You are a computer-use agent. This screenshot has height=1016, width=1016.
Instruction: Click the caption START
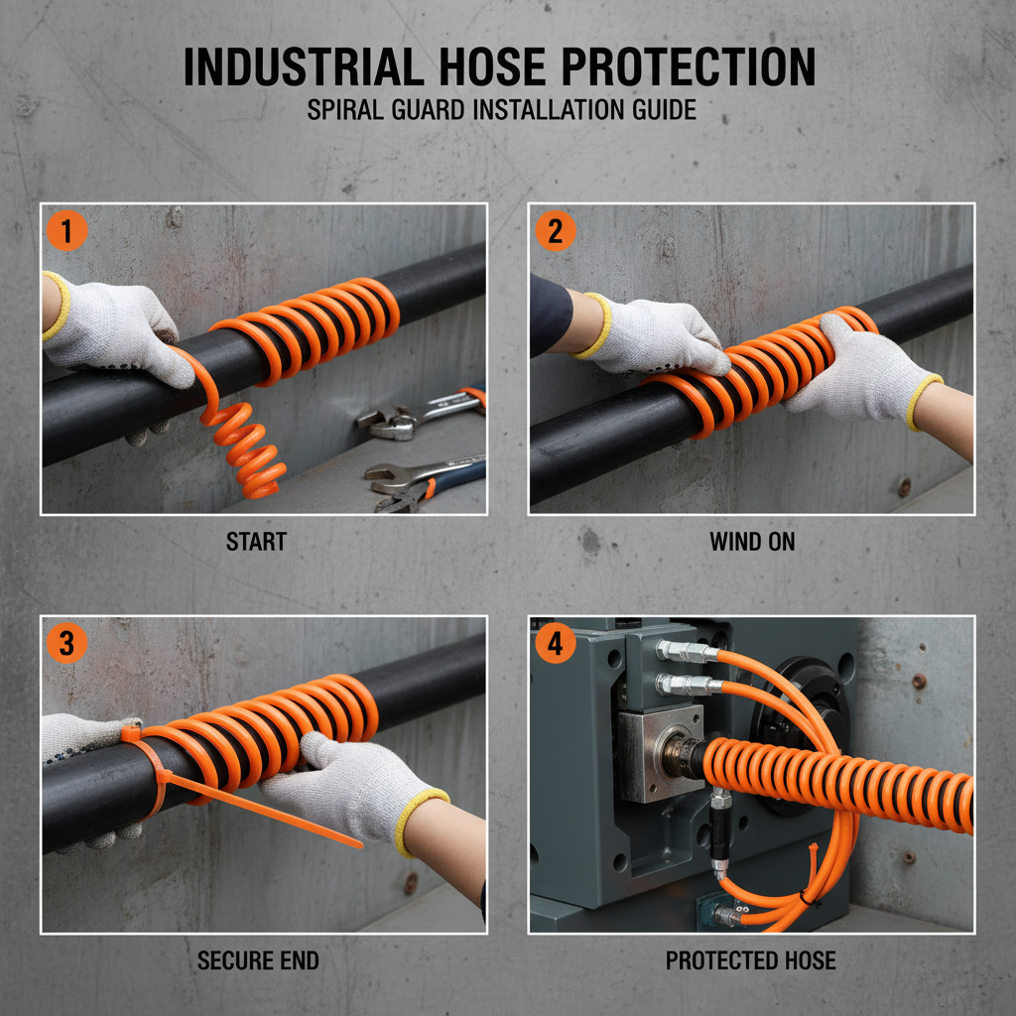[x=256, y=543]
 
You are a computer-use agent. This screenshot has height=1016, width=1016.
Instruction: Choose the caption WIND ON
[x=752, y=543]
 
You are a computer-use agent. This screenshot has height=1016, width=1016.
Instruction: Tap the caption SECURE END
[x=258, y=960]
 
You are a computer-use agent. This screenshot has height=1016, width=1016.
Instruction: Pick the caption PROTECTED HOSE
[x=751, y=960]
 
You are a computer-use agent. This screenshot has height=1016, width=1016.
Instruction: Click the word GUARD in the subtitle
[x=423, y=109]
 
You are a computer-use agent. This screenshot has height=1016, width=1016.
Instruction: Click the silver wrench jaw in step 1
[x=381, y=421]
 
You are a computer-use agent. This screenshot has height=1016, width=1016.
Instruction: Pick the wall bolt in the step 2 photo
[x=903, y=485]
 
